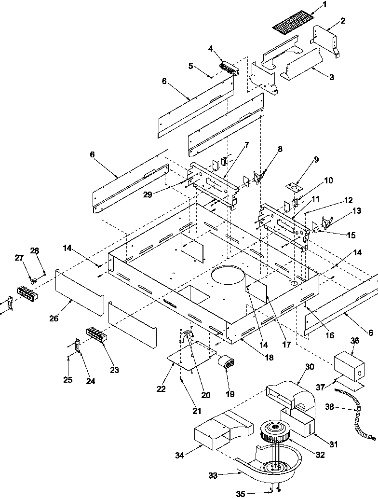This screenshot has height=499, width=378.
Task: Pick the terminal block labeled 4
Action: (229, 68)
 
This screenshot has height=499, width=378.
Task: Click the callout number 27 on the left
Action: (19, 258)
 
